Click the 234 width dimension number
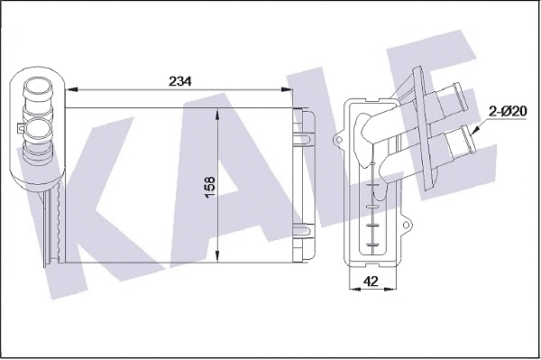[x=180, y=79]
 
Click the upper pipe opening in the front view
[x=38, y=92]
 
